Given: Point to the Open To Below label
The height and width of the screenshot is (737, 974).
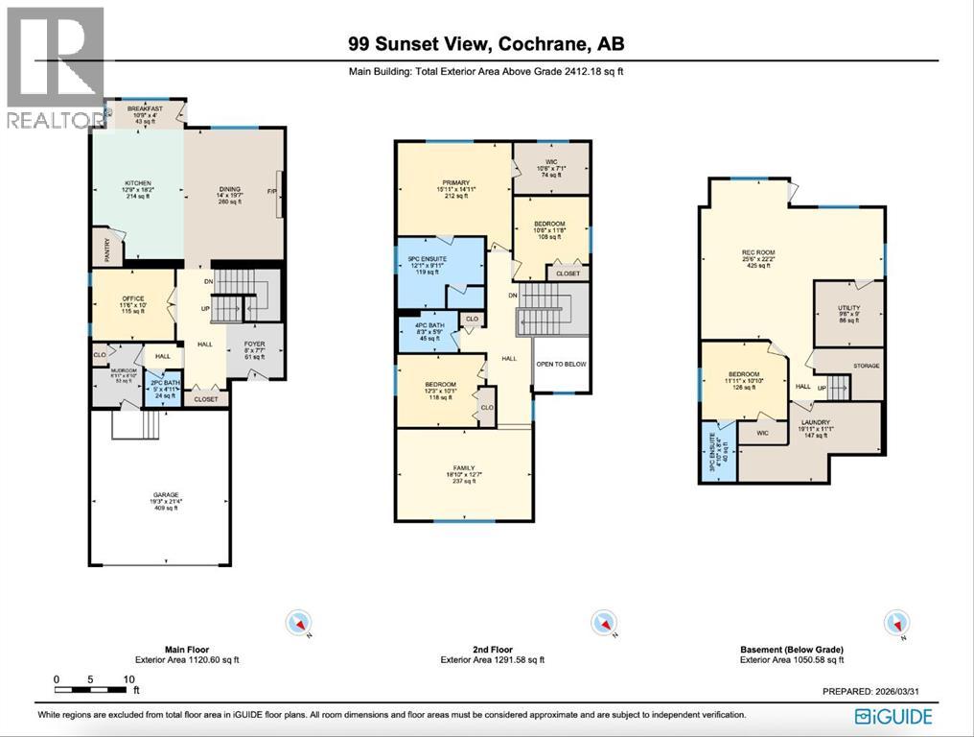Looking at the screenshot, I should (561, 365).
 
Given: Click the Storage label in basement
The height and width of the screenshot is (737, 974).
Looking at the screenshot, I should (866, 366).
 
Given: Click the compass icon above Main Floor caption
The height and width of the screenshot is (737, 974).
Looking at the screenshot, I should (299, 624).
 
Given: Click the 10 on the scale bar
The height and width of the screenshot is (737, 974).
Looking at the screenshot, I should (128, 679).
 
